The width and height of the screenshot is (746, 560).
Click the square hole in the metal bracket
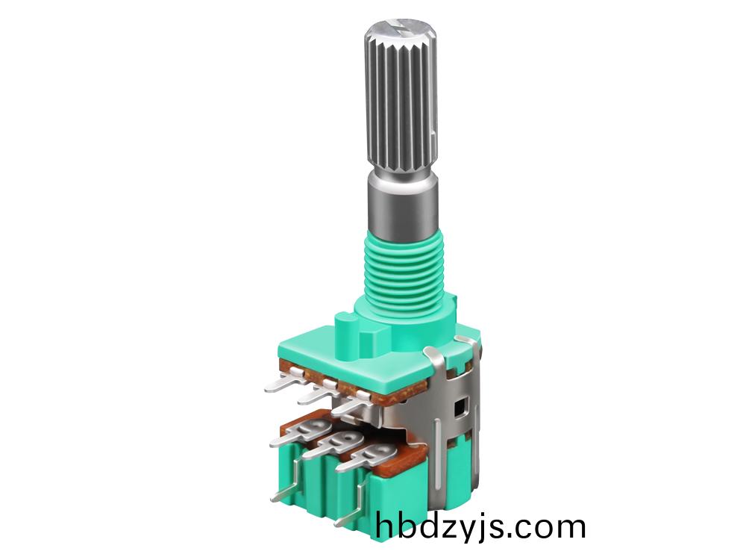coord(460,407)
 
